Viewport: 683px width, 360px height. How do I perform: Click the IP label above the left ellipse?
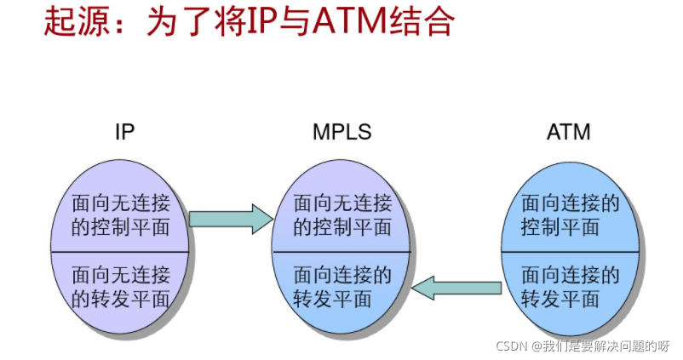125,133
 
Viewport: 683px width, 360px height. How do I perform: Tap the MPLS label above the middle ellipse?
341,133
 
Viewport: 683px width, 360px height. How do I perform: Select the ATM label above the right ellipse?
568,133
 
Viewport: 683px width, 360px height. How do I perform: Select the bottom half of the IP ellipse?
121,287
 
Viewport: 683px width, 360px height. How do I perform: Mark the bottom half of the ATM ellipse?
569,287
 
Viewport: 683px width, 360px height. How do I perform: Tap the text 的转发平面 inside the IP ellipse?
121,300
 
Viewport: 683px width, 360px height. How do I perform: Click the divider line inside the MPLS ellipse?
341,252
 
